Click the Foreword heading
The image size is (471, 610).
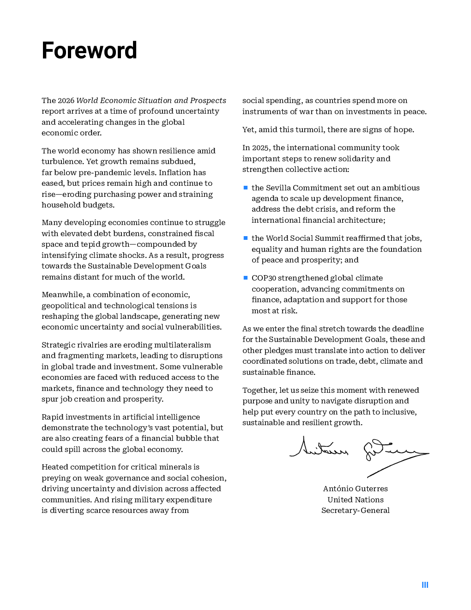click(x=89, y=50)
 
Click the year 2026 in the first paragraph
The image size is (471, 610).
click(x=66, y=100)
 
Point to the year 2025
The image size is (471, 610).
click(x=260, y=147)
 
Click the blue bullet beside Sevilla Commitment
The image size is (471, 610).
click(x=246, y=188)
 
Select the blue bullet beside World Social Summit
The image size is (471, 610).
click(x=246, y=238)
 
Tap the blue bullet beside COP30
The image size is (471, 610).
click(x=246, y=278)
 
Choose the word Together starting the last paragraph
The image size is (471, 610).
click(x=260, y=390)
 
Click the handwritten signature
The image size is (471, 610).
click(x=359, y=453)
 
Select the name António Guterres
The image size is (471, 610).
click(x=355, y=488)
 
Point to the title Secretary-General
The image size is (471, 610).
click(x=355, y=510)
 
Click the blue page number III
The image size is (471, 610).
click(x=425, y=585)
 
